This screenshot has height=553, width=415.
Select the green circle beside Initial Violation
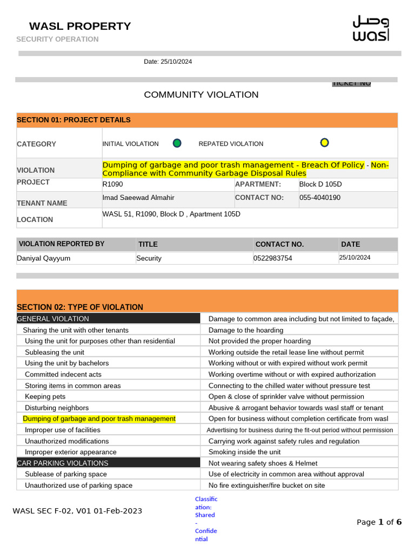click(177, 143)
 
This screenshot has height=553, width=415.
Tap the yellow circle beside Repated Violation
click(324, 143)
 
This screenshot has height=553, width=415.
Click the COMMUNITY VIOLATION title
click(201, 95)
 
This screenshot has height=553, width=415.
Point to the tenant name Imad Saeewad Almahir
click(138, 198)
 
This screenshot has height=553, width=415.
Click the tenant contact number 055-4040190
click(320, 198)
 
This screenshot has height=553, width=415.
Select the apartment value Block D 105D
click(320, 184)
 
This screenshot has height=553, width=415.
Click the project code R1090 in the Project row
click(113, 184)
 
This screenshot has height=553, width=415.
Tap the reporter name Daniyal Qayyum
click(44, 258)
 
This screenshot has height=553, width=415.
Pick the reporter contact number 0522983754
click(273, 258)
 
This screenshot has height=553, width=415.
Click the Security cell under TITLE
click(149, 258)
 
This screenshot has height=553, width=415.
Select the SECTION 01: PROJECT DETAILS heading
click(73, 120)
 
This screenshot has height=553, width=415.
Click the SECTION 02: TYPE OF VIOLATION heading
click(80, 307)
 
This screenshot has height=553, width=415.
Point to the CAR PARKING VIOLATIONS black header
click(63, 463)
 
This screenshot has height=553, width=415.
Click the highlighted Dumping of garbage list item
click(99, 419)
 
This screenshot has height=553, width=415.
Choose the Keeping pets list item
click(45, 396)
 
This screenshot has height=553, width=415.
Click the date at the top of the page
click(168, 62)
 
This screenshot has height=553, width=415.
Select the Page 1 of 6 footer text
click(379, 522)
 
